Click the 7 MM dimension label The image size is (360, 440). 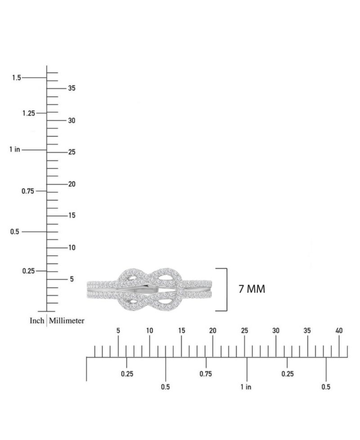(x=252, y=289)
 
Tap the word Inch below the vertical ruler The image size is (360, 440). (x=37, y=320)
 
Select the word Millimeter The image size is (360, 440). (x=67, y=320)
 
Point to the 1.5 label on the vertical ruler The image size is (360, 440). (x=16, y=77)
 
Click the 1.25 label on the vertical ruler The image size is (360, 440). (x=29, y=113)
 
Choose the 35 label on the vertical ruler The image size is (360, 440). (x=72, y=88)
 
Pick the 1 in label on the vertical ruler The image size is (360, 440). (x=14, y=149)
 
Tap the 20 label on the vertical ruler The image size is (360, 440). (x=72, y=184)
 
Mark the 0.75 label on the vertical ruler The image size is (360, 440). (x=28, y=191)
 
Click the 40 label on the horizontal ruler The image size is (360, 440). (x=339, y=331)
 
